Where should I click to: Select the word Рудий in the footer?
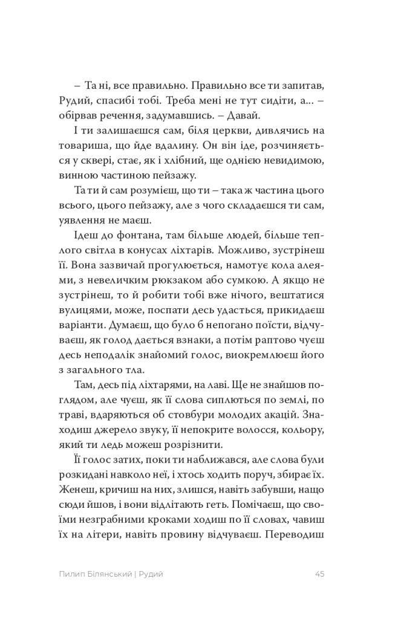point(152,574)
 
